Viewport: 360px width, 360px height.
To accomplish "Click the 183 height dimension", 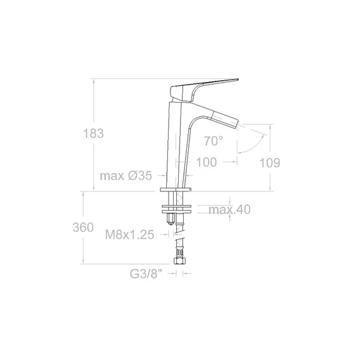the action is (93, 134).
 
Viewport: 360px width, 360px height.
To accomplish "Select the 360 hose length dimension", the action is (83, 228).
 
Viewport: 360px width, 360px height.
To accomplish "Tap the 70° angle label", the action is (213, 141).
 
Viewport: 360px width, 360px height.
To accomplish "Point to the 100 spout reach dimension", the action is (207, 162).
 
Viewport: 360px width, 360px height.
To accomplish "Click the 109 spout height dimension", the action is (270, 163).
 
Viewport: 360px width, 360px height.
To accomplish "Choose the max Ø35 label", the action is (126, 176).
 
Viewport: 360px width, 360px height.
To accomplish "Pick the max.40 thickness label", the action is (229, 210).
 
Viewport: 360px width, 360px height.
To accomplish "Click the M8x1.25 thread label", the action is (129, 235).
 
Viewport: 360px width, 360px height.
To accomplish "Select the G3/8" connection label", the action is (146, 273).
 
